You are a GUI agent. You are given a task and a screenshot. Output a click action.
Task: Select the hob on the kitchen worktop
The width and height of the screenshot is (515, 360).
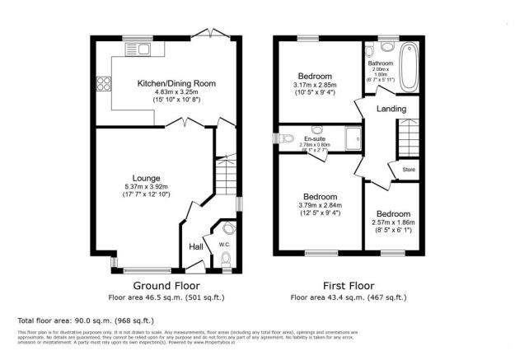(104, 82)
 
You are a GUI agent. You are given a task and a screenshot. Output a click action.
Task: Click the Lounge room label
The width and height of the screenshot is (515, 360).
(147, 177)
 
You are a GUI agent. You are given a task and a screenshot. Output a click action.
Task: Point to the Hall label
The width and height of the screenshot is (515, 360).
(197, 246)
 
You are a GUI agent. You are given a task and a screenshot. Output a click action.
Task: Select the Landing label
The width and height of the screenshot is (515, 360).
(390, 109)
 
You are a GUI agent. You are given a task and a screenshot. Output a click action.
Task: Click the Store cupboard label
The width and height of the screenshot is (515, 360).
(408, 171)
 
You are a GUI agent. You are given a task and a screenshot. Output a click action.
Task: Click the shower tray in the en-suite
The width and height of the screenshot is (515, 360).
(353, 138)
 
